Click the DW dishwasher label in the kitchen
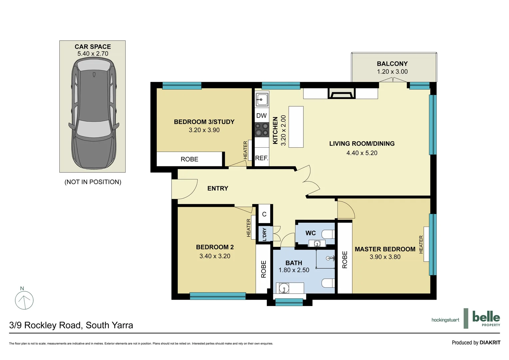(261, 116)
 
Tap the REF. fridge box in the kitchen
(262, 158)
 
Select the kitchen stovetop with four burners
(262, 130)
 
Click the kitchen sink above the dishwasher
(262, 99)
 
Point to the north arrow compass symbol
(24, 300)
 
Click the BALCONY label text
(392, 64)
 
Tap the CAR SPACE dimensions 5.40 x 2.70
(93, 54)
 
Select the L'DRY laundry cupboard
(264, 234)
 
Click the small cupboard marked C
(264, 214)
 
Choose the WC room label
(310, 233)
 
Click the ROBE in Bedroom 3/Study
(189, 159)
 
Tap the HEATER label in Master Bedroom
(421, 244)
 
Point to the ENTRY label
(218, 188)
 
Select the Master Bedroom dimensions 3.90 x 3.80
(385, 257)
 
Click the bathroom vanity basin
(284, 288)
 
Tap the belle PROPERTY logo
(486, 318)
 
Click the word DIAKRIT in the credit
(490, 342)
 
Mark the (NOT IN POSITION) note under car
(93, 182)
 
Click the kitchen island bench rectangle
(296, 127)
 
